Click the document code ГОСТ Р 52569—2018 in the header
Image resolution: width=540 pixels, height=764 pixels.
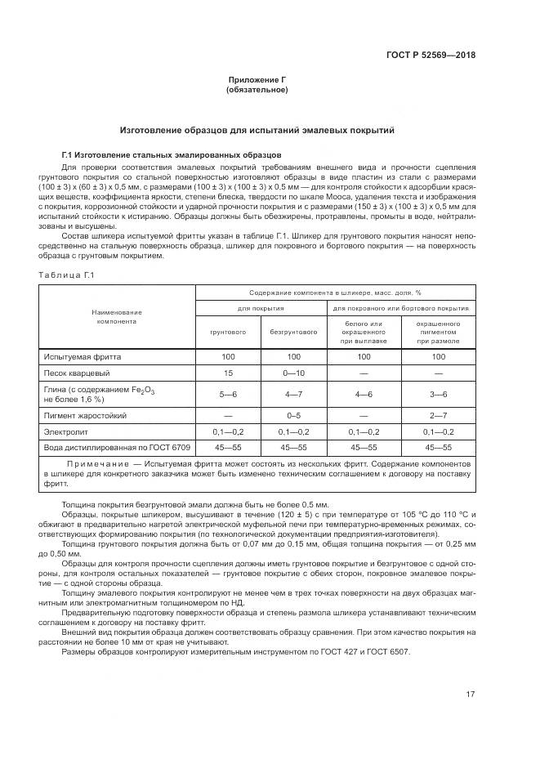click(x=430, y=56)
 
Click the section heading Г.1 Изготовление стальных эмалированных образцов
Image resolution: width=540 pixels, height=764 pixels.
click(x=171, y=154)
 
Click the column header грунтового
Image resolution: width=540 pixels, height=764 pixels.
click(x=229, y=333)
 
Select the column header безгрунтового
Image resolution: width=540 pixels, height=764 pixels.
click(x=294, y=333)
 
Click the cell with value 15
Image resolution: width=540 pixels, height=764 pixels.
click(x=229, y=373)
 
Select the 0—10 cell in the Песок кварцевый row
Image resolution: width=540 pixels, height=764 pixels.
click(x=294, y=373)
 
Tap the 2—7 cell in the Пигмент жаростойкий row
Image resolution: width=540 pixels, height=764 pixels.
click(x=439, y=414)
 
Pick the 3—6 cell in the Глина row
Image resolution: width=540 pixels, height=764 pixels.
click(x=439, y=394)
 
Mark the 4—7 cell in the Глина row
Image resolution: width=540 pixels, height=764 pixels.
click(x=294, y=394)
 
